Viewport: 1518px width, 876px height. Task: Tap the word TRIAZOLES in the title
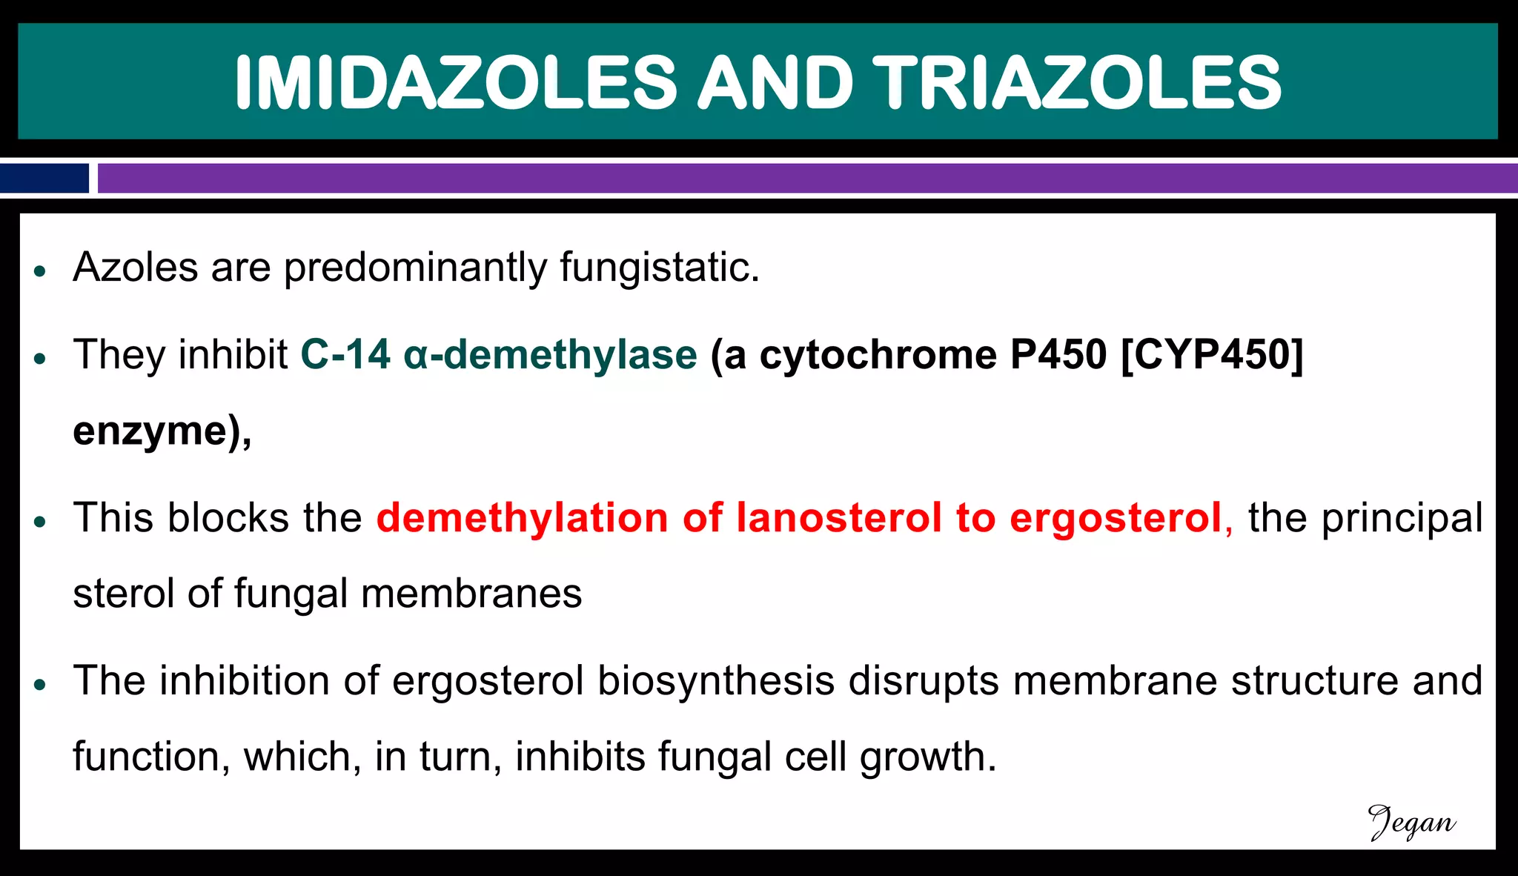pyautogui.click(x=1076, y=82)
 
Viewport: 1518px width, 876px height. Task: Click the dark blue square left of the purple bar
pyautogui.click(x=44, y=179)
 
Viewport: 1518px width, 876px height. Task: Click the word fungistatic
pyautogui.click(x=660, y=268)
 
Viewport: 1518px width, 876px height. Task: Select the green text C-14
pyautogui.click(x=345, y=354)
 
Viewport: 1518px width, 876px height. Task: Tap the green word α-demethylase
pyautogui.click(x=550, y=354)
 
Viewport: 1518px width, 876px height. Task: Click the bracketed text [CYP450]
pyautogui.click(x=1212, y=354)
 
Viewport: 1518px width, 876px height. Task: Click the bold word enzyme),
pyautogui.click(x=162, y=431)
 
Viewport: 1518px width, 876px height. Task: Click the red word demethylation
pyautogui.click(x=523, y=517)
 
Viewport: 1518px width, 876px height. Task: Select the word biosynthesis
pyautogui.click(x=716, y=682)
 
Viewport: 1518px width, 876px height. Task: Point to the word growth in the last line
pyautogui.click(x=928, y=757)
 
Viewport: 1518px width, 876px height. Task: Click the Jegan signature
pyautogui.click(x=1411, y=823)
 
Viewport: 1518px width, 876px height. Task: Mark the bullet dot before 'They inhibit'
pyautogui.click(x=41, y=359)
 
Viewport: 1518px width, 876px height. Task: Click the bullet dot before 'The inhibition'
pyautogui.click(x=41, y=685)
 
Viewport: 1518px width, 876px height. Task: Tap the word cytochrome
pyautogui.click(x=878, y=354)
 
